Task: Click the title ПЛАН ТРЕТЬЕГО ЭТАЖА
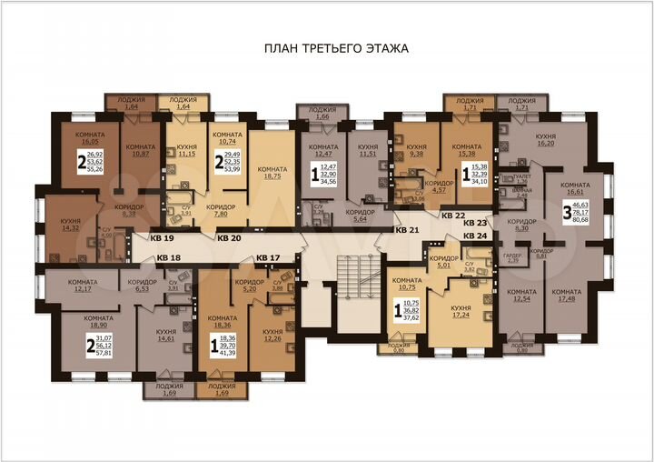(335, 49)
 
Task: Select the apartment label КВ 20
(229, 237)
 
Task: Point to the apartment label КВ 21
(408, 229)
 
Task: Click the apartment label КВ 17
(268, 257)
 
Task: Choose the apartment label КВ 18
(168, 257)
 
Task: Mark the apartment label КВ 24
(475, 236)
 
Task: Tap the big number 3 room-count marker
(567, 214)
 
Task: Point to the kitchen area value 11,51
(367, 155)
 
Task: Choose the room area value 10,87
(140, 154)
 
